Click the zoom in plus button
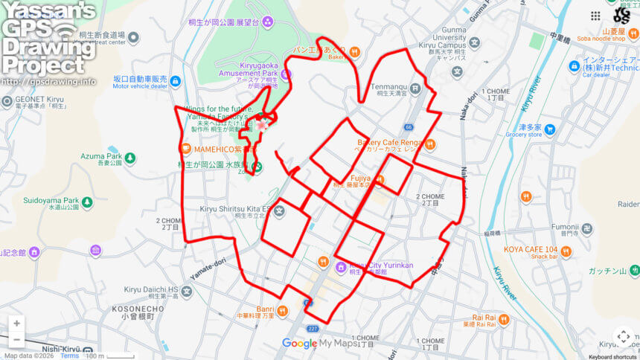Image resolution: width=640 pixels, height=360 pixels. [x=16, y=324]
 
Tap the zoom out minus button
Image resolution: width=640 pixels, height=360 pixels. [x=16, y=341]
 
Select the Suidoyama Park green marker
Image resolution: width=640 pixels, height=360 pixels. [x=88, y=202]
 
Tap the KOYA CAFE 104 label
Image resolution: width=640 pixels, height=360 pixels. [x=531, y=249]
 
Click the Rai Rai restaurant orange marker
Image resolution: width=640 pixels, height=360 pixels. [x=504, y=320]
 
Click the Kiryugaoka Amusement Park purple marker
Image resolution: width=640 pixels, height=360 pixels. [x=287, y=74]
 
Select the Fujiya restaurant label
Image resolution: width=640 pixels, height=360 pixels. [x=361, y=179]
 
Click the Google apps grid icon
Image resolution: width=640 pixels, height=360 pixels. [x=595, y=16]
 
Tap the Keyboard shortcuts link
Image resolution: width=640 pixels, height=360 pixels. [x=611, y=356]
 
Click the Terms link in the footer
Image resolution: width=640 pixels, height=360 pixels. [x=69, y=356]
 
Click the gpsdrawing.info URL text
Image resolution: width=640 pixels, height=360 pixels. [x=48, y=81]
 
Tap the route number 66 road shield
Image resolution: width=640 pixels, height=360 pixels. [x=409, y=128]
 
